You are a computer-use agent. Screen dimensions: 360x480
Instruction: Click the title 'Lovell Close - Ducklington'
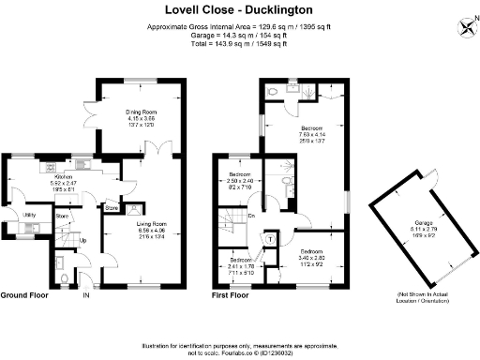pos(240,10)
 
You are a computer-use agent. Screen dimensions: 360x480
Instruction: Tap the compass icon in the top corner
pos(466,25)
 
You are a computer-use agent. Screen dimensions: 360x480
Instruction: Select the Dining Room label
pos(142,112)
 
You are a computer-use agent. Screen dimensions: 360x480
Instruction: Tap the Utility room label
pos(30,215)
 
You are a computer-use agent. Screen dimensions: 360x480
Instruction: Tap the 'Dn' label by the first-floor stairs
pos(251,217)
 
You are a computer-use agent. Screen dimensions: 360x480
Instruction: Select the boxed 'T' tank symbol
pos(272,239)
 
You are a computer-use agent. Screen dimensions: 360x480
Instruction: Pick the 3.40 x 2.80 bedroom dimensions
pos(312,258)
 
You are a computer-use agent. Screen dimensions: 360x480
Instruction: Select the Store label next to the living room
pos(111,206)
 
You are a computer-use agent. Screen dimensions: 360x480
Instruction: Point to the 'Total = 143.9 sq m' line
pos(240,44)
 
